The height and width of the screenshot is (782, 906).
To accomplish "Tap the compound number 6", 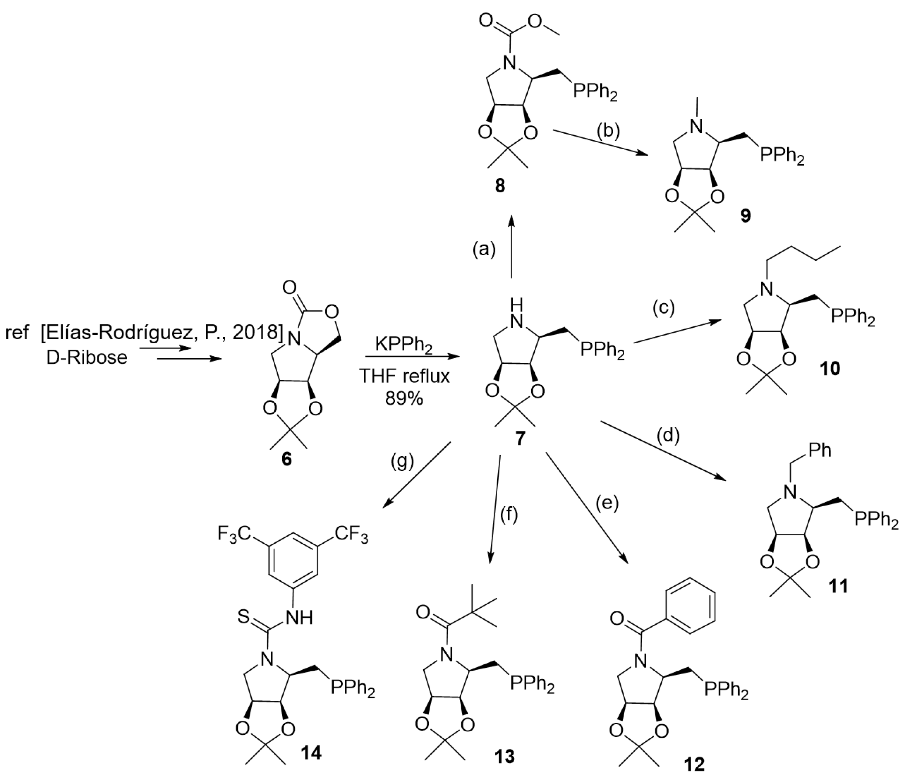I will point(286,460).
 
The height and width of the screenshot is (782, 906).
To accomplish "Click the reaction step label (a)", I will point(484,250).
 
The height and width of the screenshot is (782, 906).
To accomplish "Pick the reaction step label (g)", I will point(402,461).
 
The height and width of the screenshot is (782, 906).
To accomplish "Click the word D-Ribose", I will point(87,358).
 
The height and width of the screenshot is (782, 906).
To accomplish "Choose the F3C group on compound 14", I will point(234,534).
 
